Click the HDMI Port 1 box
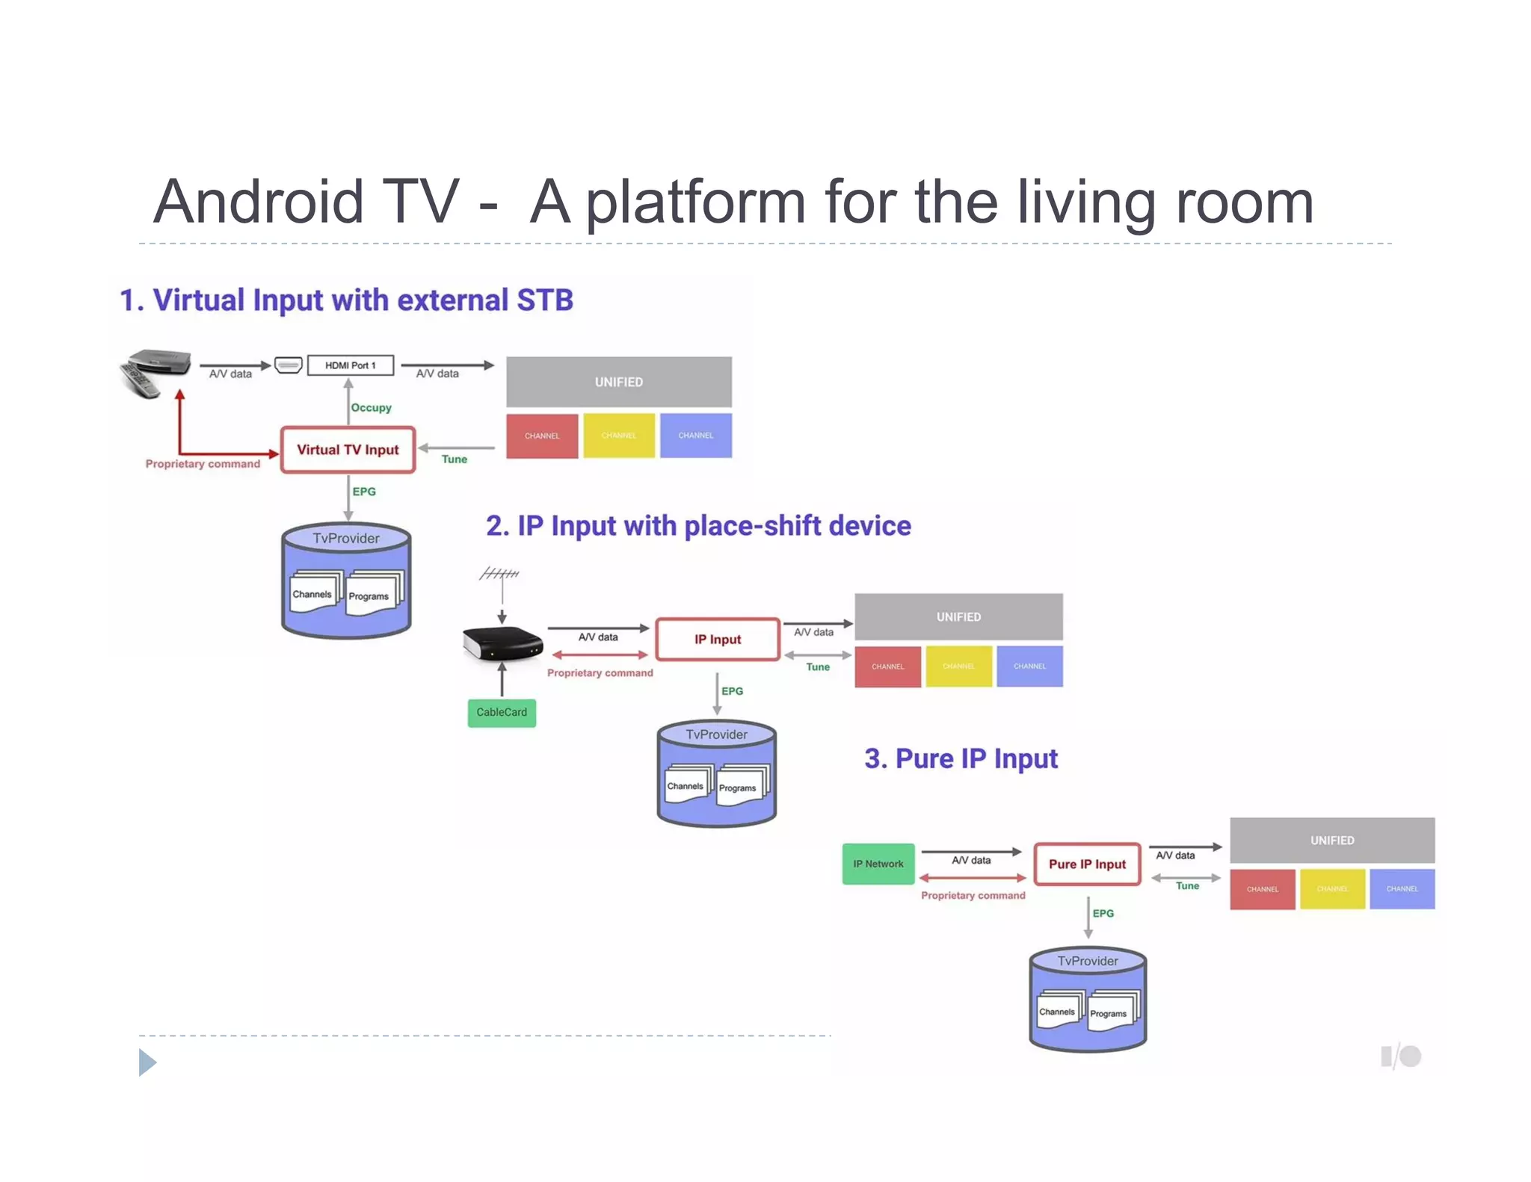(x=350, y=365)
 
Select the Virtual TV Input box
(x=348, y=450)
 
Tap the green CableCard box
(x=502, y=712)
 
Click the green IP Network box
(x=878, y=864)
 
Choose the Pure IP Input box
(x=1087, y=864)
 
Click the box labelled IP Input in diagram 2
(x=717, y=640)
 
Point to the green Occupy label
(x=372, y=408)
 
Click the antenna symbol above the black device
(x=499, y=574)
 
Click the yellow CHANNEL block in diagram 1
(x=619, y=436)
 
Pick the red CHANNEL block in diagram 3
(x=1262, y=889)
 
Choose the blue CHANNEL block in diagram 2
(x=1029, y=666)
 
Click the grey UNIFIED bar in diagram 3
(x=1331, y=841)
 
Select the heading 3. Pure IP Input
(x=961, y=759)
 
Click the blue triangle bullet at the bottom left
(x=147, y=1062)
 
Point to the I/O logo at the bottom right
(x=1401, y=1056)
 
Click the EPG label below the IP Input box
(x=732, y=691)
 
